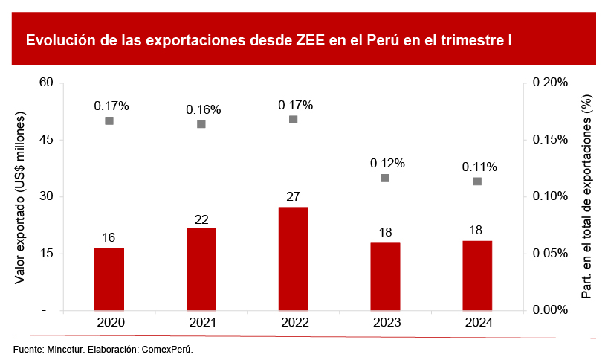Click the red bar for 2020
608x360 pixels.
pyautogui.click(x=109, y=279)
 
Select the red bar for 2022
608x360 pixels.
pyautogui.click(x=293, y=259)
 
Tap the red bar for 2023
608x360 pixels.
pyautogui.click(x=385, y=277)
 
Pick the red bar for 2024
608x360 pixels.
pyautogui.click(x=477, y=275)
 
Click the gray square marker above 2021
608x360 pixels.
pyautogui.click(x=201, y=124)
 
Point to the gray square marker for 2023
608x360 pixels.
pyautogui.click(x=385, y=178)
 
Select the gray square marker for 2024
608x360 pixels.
pyautogui.click(x=477, y=181)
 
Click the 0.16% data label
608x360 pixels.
pyautogui.click(x=203, y=109)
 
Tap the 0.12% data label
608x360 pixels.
pyautogui.click(x=387, y=163)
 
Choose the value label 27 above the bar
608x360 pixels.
pyautogui.click(x=293, y=196)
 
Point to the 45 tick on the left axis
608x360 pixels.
pyautogui.click(x=47, y=139)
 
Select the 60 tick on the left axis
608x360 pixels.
pyautogui.click(x=47, y=82)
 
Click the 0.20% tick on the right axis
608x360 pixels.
pyautogui.click(x=551, y=82)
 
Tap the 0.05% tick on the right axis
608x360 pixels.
pyautogui.click(x=551, y=254)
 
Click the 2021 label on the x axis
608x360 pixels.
pyautogui.click(x=201, y=323)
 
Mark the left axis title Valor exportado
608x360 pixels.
pyautogui.click(x=20, y=197)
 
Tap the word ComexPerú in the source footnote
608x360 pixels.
pyautogui.click(x=167, y=349)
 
